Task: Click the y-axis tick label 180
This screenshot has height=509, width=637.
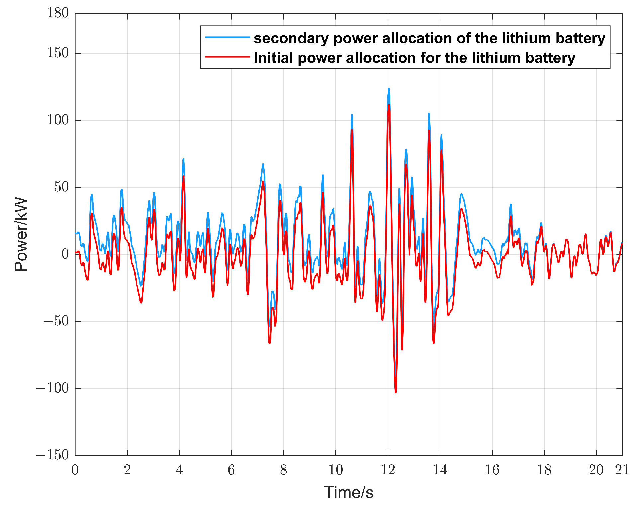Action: (x=58, y=13)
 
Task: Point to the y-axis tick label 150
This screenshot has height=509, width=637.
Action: (x=58, y=53)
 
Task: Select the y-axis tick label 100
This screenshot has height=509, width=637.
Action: (x=58, y=120)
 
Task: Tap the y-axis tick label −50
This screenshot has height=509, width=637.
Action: (x=56, y=321)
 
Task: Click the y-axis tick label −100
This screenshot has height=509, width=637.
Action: (x=52, y=388)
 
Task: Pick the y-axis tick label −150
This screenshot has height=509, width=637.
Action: (x=52, y=455)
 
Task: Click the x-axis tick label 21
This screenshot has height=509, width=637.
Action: (x=622, y=470)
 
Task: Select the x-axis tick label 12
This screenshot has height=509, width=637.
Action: (x=388, y=470)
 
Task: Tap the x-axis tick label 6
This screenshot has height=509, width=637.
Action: (x=231, y=470)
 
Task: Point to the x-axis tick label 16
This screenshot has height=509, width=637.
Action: (x=492, y=470)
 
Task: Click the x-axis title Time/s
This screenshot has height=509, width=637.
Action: (x=349, y=493)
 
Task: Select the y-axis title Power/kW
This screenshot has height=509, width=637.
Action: (x=21, y=234)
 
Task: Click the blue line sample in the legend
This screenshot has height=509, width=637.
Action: (x=227, y=37)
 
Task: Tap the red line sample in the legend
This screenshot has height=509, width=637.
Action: (x=227, y=57)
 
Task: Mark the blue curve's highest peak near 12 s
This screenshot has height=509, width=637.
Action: (x=389, y=89)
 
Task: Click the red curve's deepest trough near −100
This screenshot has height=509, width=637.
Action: (x=395, y=393)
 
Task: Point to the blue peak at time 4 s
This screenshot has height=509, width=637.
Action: (x=183, y=159)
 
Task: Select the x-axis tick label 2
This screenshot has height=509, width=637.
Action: (x=127, y=470)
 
